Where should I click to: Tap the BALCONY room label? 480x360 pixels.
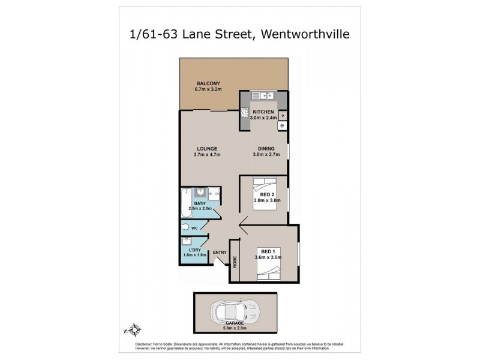208,83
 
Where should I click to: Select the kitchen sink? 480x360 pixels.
262,95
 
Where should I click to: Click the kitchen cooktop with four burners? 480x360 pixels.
245,112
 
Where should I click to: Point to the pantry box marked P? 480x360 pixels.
283,115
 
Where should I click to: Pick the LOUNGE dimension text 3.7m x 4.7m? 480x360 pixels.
208,155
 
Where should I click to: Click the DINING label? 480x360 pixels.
266,149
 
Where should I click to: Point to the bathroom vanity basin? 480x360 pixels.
201,193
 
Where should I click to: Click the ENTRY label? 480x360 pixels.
220,252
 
